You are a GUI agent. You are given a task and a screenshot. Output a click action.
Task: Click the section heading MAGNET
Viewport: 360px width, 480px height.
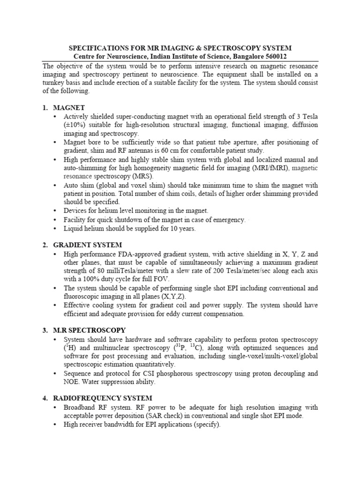(69, 108)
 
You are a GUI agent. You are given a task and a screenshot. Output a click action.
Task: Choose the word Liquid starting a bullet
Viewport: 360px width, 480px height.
(75, 228)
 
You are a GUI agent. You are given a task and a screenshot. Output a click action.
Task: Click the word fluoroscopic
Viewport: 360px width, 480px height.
(84, 296)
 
